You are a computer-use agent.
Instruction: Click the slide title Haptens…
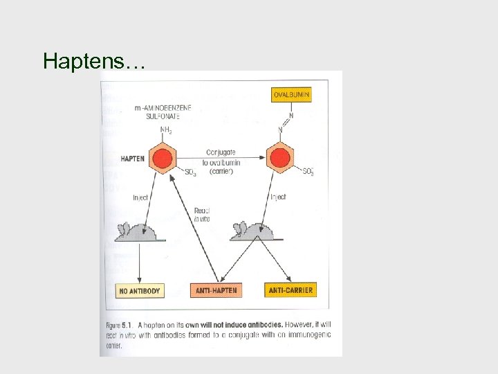click(93, 62)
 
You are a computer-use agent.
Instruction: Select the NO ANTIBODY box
click(140, 291)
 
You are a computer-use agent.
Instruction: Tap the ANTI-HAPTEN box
click(216, 291)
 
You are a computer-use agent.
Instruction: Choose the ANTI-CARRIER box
click(290, 290)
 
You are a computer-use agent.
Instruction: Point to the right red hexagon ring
click(280, 158)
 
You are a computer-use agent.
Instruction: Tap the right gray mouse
click(254, 231)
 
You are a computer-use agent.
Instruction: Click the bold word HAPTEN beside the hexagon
click(133, 159)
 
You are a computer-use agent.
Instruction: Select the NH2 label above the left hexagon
click(167, 130)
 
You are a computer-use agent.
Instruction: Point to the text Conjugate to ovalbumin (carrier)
click(221, 161)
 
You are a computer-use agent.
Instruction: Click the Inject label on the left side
click(141, 198)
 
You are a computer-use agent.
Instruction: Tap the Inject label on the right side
click(278, 197)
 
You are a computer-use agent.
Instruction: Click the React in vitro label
click(202, 214)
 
